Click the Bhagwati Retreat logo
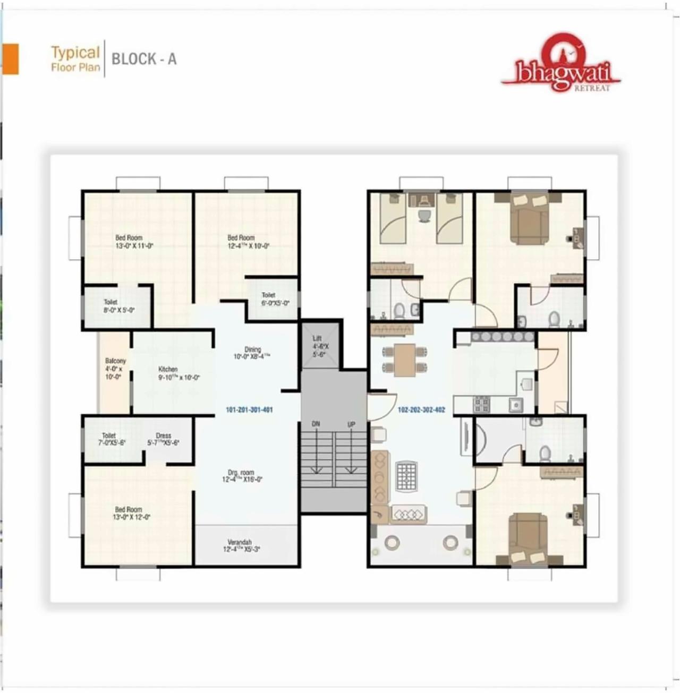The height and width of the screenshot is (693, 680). click(560, 64)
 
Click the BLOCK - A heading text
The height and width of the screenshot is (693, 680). click(143, 59)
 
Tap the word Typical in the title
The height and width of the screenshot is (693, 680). click(75, 52)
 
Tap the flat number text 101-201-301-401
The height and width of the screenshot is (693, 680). click(249, 410)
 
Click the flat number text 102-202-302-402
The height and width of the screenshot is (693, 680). click(421, 410)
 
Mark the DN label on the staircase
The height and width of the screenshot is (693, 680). click(316, 424)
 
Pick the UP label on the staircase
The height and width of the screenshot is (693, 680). click(351, 424)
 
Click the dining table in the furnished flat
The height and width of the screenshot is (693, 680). click(405, 359)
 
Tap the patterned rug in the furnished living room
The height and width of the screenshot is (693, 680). click(406, 476)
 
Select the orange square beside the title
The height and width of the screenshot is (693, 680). click(11, 58)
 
